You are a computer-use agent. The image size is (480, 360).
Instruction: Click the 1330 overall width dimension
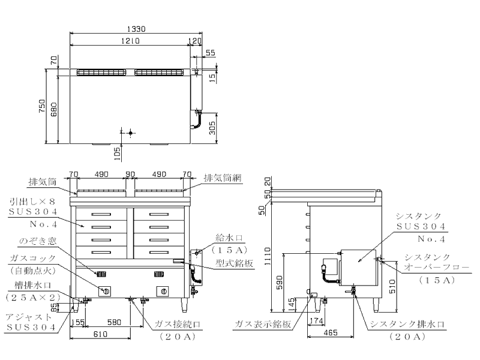pyautogui.click(x=135, y=28)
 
